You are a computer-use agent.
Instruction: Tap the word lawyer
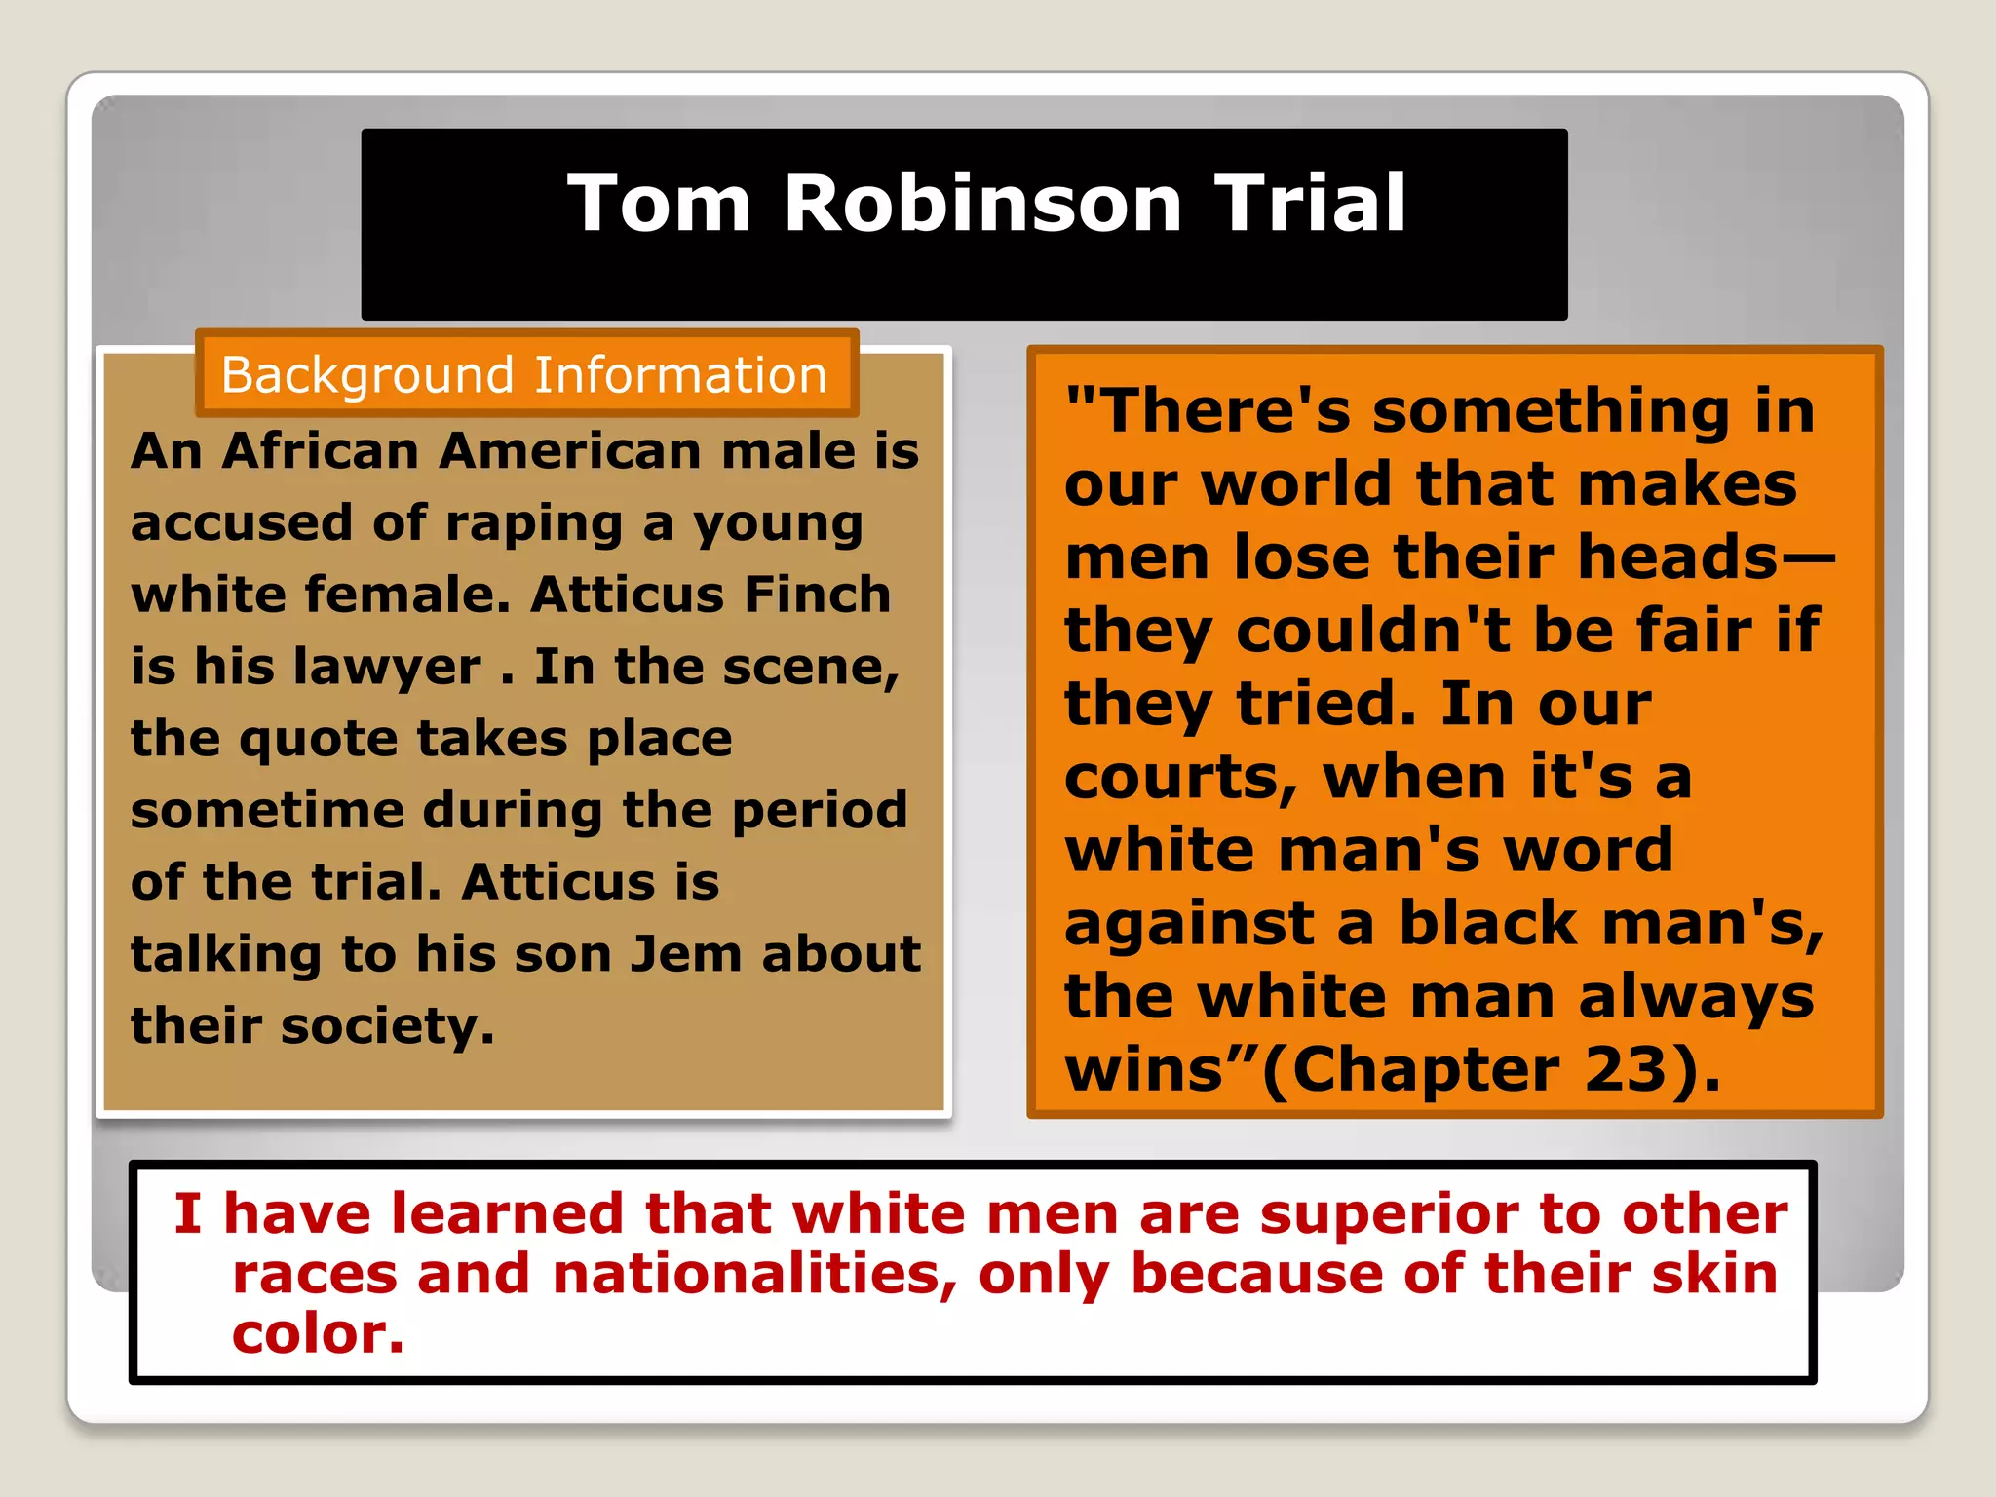[x=386, y=668]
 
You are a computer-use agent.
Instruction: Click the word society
[x=387, y=1026]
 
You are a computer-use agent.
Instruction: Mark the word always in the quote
[x=1696, y=996]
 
